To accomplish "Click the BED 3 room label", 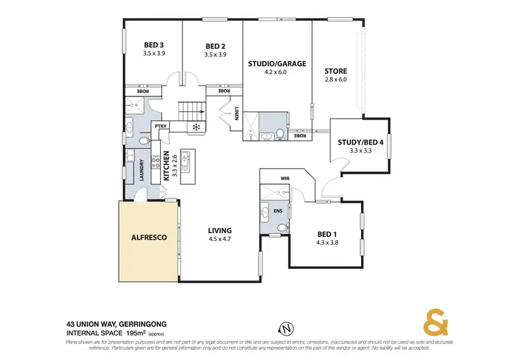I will coord(153,45).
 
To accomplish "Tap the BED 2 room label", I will coord(216,46).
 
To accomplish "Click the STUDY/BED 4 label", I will coord(360,142).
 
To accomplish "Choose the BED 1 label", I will coord(328,234).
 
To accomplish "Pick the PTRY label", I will coord(161,126).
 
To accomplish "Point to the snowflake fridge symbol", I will coord(195,126).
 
